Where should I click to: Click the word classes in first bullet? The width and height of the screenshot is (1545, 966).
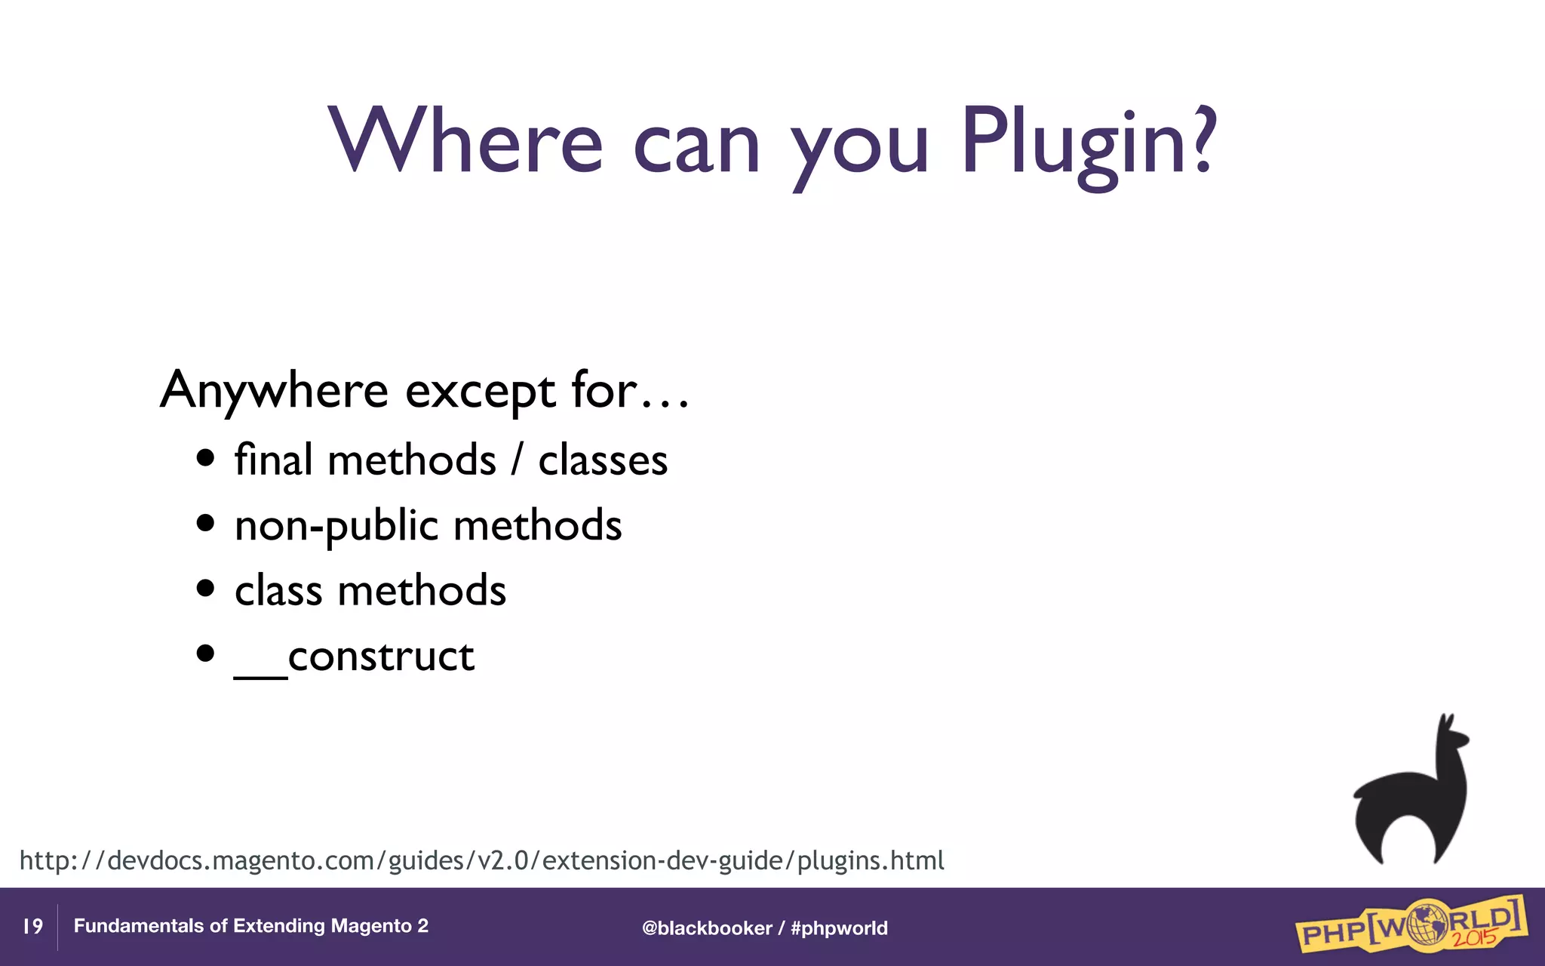point(603,460)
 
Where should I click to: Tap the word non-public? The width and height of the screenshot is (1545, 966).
point(336,526)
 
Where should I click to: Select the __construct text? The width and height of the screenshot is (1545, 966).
point(355,656)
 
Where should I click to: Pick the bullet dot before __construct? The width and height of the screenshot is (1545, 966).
point(205,654)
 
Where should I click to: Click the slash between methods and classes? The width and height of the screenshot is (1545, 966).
point(517,460)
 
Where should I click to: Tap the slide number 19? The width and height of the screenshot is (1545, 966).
point(32,926)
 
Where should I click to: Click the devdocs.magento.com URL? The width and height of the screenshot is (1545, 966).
point(481,860)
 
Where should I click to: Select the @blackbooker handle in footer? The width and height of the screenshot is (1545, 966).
point(706,928)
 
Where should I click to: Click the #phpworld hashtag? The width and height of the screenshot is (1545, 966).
point(839,928)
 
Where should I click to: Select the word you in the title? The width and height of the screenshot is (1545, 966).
point(859,143)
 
